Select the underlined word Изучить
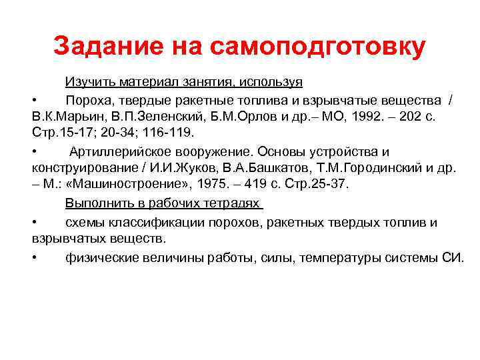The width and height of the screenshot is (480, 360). tap(90, 82)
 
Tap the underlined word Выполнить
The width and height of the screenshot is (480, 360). tap(93, 203)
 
